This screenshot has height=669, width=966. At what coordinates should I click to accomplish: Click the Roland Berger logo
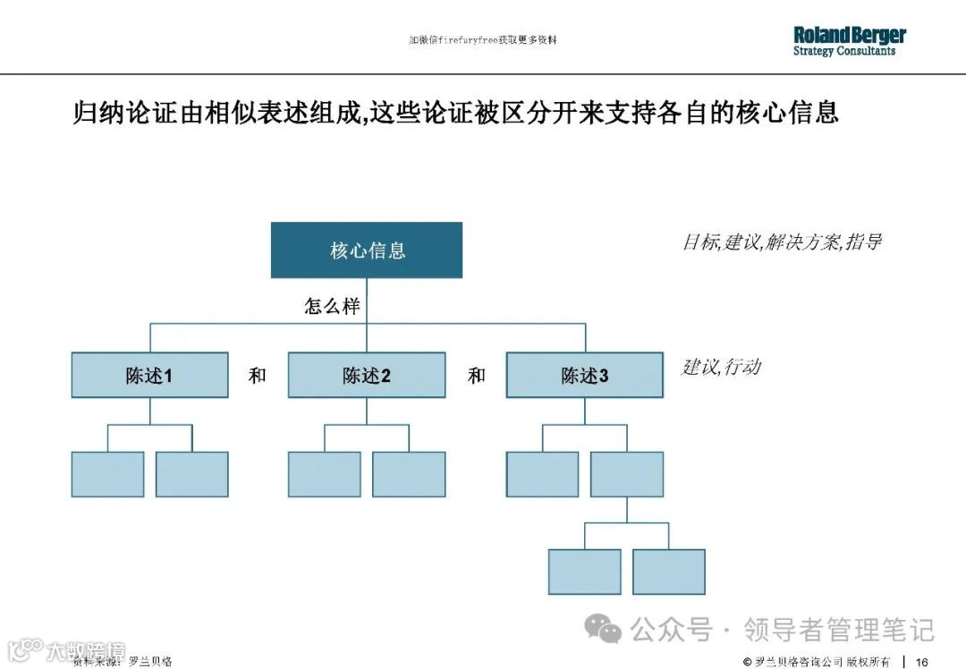point(849,41)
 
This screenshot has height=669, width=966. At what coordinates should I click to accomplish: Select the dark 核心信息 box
point(367,250)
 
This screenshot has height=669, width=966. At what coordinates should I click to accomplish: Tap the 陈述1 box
point(149,376)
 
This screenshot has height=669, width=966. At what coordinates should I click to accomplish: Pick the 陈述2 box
point(367,376)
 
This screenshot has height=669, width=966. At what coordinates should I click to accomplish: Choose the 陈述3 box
point(585,376)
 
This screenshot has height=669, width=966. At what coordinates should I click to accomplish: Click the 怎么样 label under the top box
point(333,306)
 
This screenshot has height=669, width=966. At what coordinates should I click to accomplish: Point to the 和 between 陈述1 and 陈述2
point(258,376)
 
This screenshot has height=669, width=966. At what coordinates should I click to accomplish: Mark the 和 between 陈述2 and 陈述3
point(477,376)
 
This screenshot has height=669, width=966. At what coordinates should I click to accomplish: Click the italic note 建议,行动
point(721,367)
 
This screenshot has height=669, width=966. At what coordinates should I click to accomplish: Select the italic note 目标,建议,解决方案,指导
point(782,241)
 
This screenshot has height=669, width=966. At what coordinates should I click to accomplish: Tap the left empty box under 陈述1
point(107,474)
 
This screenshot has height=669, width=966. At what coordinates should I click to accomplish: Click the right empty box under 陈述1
point(191,474)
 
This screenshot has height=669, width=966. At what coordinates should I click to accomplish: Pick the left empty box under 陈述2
point(325,474)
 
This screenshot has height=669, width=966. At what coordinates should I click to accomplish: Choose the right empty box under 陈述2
point(409,474)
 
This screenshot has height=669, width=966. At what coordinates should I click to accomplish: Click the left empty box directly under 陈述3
point(542,474)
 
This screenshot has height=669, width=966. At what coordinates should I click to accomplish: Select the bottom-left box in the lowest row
point(584,572)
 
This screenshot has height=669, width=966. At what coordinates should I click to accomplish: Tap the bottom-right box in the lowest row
point(669,572)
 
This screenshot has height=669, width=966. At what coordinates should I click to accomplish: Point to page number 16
point(921,661)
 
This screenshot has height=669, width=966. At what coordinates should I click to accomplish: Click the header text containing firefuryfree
point(483,40)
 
